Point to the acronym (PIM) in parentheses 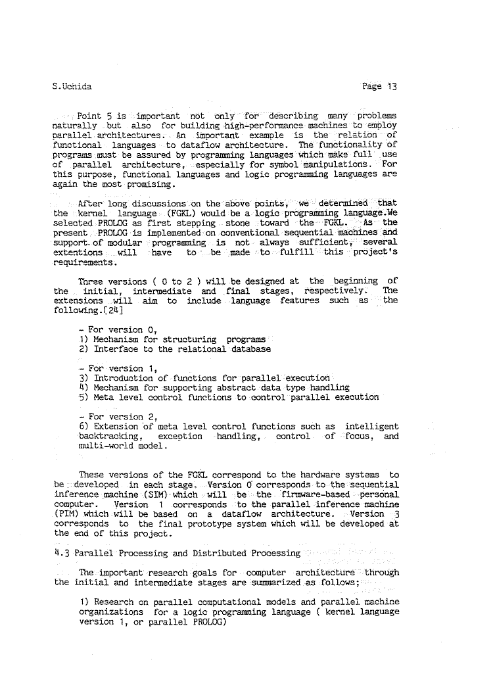67,514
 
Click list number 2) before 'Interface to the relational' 83,349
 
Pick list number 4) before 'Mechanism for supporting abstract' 83,388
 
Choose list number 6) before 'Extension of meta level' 83,427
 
